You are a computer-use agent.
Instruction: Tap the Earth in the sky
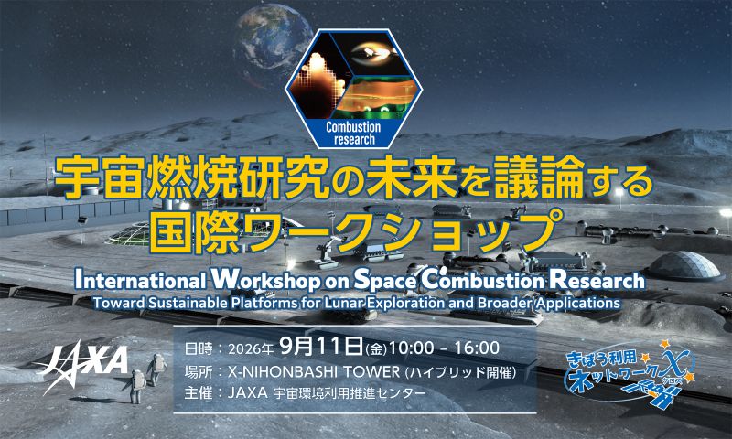click(273, 39)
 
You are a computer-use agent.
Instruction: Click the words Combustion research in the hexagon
click(353, 134)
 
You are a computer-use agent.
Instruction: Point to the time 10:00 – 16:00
click(445, 348)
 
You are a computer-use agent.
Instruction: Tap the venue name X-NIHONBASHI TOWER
click(314, 372)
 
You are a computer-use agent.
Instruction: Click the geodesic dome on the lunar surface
click(684, 266)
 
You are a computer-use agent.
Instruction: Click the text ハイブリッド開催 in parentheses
click(460, 372)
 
